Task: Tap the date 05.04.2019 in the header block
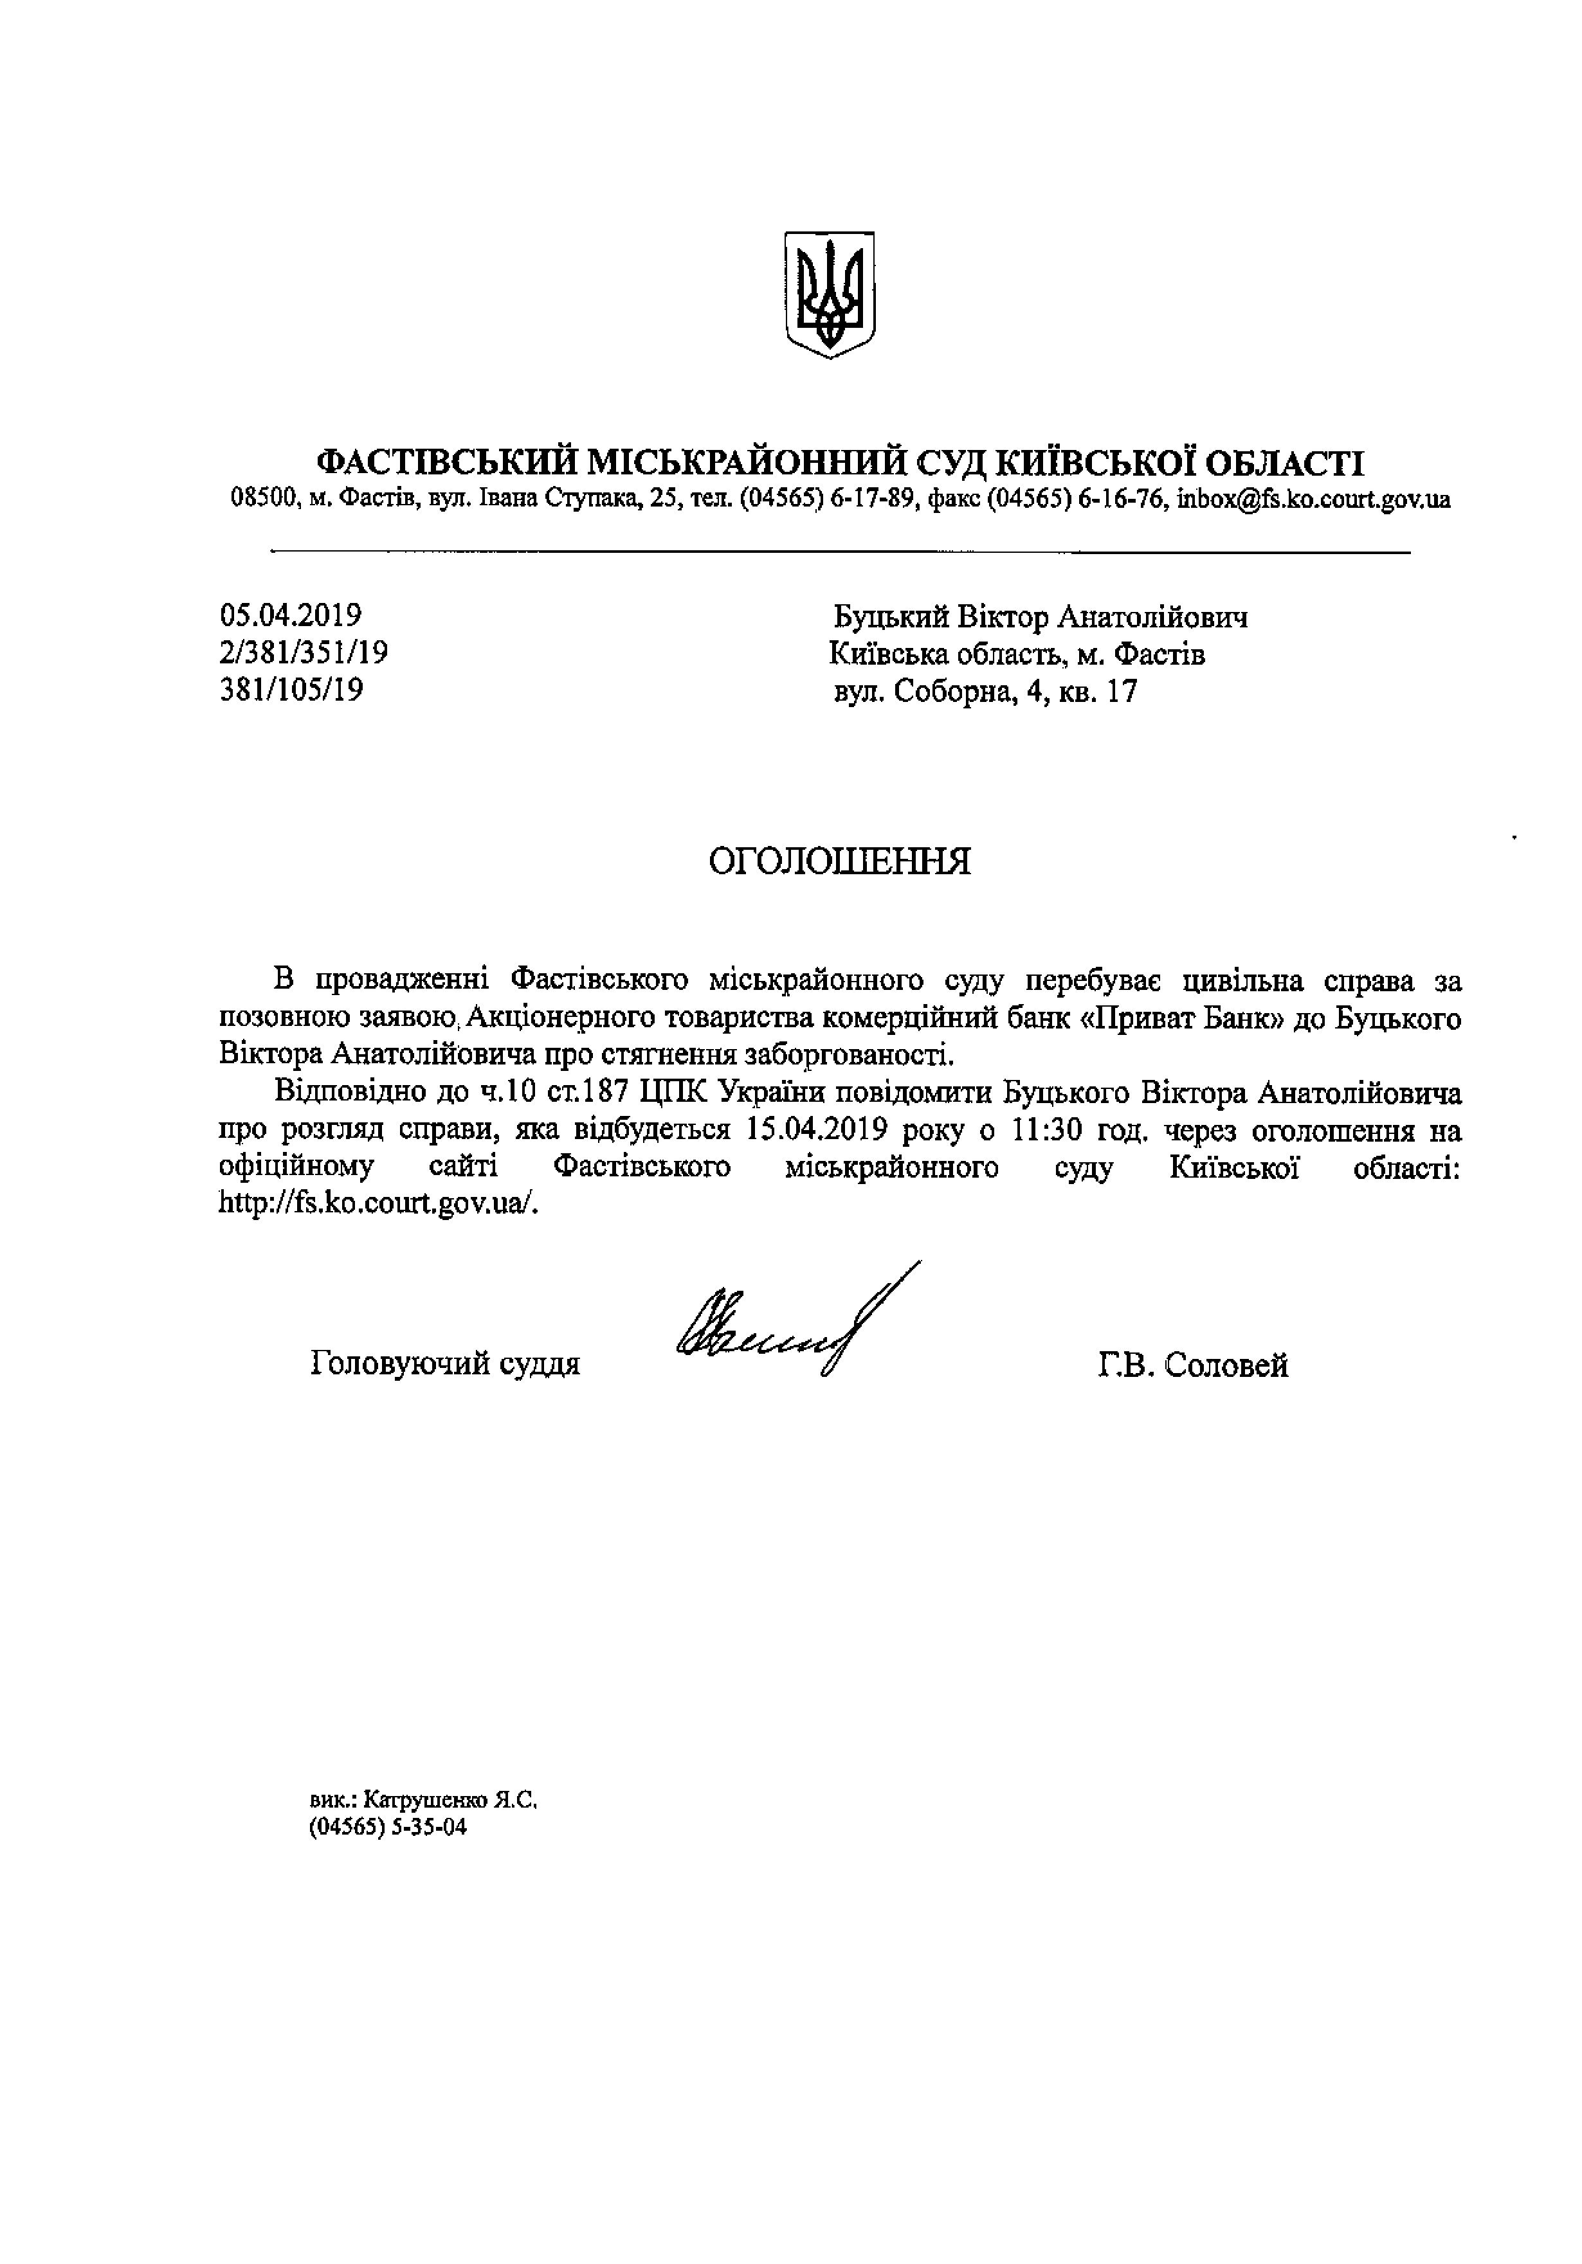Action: [x=291, y=616]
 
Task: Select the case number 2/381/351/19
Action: [x=304, y=652]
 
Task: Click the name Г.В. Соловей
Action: [x=1192, y=1366]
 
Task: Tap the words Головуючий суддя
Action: [x=445, y=1363]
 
